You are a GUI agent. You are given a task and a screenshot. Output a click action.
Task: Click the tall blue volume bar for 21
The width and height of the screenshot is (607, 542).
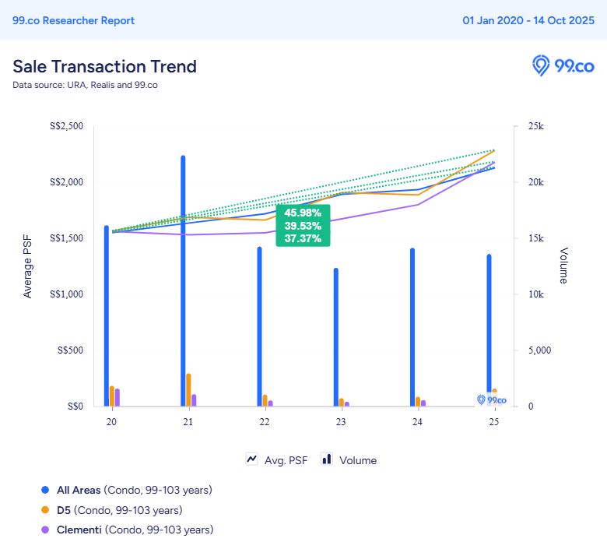tap(183, 281)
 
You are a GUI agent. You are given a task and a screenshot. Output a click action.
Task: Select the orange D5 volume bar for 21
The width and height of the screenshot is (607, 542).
tap(188, 389)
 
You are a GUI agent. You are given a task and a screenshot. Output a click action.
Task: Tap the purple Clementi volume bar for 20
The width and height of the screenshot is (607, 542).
tap(118, 397)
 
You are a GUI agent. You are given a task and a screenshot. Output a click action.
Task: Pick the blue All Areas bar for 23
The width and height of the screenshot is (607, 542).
tap(336, 337)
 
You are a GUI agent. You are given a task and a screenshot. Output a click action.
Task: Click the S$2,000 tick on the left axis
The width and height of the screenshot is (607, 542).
tap(66, 182)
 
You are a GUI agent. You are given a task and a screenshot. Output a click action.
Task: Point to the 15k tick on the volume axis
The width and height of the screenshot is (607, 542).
tap(536, 238)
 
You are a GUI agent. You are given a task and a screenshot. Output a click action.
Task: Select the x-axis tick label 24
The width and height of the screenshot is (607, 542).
tap(417, 422)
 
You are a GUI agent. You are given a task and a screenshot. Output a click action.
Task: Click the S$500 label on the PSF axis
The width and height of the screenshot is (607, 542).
tap(70, 350)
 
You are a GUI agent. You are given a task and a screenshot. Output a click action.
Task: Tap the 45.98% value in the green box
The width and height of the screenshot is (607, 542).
tap(303, 213)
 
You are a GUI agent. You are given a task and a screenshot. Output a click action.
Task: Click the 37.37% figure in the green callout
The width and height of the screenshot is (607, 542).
tap(303, 238)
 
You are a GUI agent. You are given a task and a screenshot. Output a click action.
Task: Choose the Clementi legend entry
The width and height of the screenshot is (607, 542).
tap(135, 530)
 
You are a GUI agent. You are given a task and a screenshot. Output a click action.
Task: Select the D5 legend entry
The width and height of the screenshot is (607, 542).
tap(120, 510)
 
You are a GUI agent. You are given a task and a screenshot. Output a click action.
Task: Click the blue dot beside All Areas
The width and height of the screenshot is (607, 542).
tap(45, 490)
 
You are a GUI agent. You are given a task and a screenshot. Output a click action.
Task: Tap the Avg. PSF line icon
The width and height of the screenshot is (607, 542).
tap(251, 459)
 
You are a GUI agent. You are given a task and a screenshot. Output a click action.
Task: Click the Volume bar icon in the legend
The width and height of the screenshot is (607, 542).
tap(327, 459)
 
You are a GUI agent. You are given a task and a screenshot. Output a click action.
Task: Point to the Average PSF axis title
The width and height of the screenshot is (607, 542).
tap(27, 266)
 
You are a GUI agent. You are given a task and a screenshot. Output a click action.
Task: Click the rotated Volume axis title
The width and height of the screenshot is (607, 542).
tap(563, 266)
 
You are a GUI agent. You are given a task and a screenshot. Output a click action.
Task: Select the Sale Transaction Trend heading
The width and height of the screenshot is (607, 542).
tap(104, 67)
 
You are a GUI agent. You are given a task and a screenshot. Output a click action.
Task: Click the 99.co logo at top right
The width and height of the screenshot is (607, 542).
tap(563, 66)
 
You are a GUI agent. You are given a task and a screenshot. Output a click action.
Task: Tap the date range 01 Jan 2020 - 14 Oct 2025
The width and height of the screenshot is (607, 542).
tap(528, 20)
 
